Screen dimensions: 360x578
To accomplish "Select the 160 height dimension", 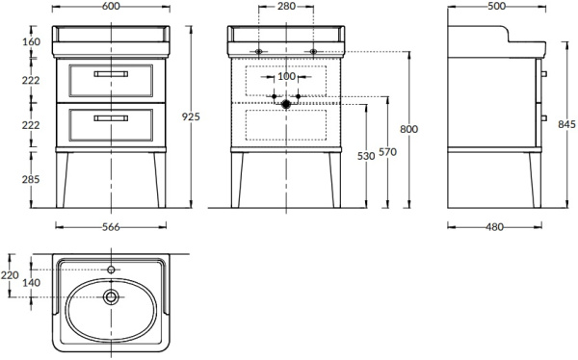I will pos(33,42).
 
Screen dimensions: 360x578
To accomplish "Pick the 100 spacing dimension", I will pos(285,76).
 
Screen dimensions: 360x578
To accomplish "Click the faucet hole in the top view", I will pos(111,270).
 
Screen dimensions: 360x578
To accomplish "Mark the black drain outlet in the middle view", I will pos(285,102).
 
